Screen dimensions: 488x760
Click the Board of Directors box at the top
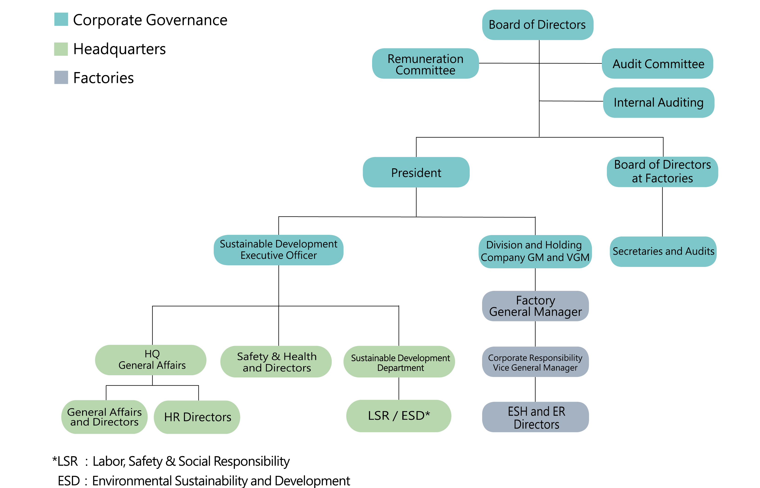(x=537, y=25)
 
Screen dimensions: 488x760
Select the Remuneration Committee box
(x=425, y=64)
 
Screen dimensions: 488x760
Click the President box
(x=416, y=172)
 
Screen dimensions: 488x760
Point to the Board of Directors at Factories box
(x=662, y=172)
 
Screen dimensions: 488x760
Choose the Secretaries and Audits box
(x=663, y=251)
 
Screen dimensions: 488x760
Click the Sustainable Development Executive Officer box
(x=278, y=250)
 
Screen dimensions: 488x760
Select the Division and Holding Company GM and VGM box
(x=535, y=251)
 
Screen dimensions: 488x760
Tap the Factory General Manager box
(x=535, y=306)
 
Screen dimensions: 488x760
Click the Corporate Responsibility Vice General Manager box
(x=535, y=362)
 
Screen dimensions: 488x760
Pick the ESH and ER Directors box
(x=535, y=417)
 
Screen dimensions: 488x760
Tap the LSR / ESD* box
(x=398, y=416)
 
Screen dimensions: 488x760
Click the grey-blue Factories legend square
(x=61, y=78)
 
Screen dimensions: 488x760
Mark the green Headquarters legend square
(x=61, y=49)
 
